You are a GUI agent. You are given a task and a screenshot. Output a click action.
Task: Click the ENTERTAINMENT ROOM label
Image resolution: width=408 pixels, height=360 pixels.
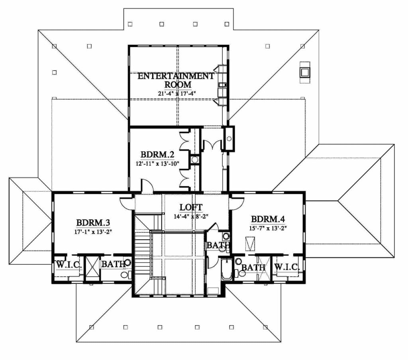(x=176, y=80)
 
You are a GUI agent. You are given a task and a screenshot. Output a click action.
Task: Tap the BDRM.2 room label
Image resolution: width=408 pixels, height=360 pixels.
(x=157, y=155)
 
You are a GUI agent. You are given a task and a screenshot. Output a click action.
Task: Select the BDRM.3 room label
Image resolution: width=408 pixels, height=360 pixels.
(x=93, y=223)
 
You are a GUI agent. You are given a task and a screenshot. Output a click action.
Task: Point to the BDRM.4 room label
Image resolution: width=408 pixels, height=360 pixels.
(x=268, y=219)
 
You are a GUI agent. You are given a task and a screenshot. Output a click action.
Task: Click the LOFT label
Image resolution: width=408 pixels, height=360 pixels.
(x=191, y=207)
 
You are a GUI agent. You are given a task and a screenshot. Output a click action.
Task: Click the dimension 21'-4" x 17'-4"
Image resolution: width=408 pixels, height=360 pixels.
(x=177, y=93)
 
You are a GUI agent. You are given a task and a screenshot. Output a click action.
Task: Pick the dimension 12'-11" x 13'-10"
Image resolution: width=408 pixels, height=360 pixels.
(x=157, y=163)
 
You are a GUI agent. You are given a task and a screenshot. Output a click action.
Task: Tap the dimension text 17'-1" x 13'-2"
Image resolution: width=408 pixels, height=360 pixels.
(x=93, y=232)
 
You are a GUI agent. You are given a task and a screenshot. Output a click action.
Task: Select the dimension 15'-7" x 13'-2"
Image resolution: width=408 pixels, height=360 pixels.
(x=268, y=228)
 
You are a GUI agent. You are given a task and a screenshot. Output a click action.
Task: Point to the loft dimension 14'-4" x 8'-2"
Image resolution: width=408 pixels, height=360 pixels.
(x=191, y=216)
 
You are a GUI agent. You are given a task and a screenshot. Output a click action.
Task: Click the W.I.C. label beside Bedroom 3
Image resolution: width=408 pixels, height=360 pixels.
(x=69, y=265)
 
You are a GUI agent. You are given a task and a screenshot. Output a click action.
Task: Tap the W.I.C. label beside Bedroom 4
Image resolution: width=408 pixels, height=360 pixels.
(x=287, y=267)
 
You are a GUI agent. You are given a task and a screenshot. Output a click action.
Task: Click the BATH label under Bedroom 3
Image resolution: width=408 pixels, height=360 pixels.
(x=114, y=264)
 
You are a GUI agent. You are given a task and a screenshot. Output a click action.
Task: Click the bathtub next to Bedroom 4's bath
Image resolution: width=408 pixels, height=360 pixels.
(x=227, y=269)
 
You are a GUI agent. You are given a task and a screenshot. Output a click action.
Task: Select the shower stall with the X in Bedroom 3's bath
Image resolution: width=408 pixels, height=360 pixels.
(x=92, y=268)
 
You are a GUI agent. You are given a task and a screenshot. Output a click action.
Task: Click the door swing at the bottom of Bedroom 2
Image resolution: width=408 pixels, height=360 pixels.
(x=147, y=186)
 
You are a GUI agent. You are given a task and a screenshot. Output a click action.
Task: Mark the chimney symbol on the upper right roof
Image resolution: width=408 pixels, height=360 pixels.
(x=304, y=73)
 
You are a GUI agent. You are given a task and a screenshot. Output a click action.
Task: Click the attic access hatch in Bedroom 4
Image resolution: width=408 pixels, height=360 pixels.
(x=251, y=244)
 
